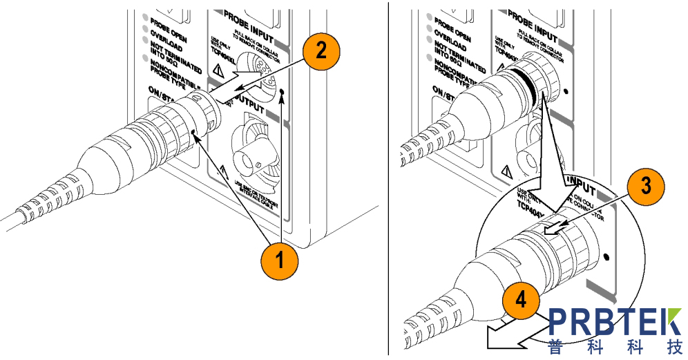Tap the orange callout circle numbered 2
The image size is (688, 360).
click(320, 52)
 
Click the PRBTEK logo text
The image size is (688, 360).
click(614, 323)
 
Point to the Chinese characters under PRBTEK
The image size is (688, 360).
click(614, 347)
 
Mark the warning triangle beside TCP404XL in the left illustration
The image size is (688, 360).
click(220, 70)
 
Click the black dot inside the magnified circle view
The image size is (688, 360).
click(606, 257)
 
